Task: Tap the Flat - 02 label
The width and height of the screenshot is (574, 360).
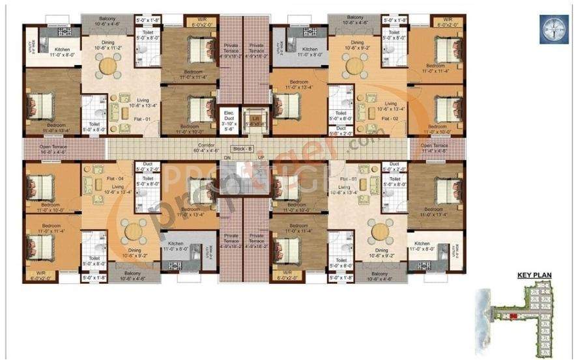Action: [390, 120]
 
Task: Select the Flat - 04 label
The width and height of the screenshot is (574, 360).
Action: [106, 178]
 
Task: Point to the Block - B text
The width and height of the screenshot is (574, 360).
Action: [242, 149]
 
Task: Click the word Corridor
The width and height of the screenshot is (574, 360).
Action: [207, 146]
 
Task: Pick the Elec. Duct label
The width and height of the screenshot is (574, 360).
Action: [229, 118]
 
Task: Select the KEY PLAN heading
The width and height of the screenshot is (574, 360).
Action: [534, 275]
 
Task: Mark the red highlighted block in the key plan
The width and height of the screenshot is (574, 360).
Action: [513, 316]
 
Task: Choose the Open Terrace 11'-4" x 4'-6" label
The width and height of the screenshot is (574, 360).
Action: [435, 148]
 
